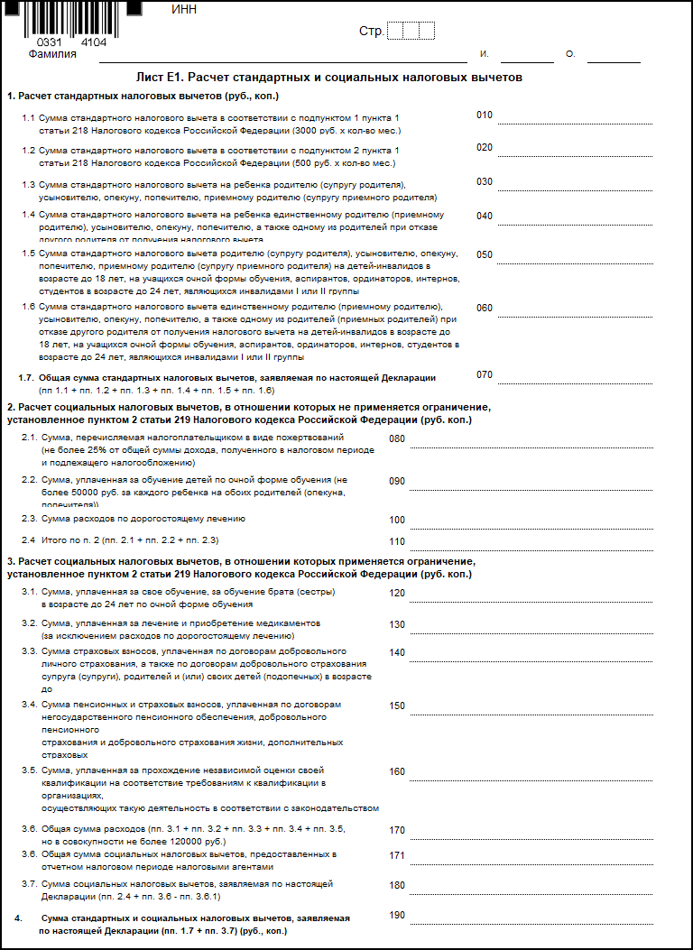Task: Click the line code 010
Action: click(x=485, y=115)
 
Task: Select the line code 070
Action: click(x=485, y=374)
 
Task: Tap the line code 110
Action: click(x=397, y=542)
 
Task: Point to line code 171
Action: click(x=397, y=855)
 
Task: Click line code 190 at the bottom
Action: click(x=397, y=916)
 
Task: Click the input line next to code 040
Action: click(x=574, y=224)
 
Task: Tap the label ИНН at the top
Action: click(x=183, y=10)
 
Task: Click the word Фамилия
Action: click(x=52, y=54)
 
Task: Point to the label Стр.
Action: click(x=371, y=32)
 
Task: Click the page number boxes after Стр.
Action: click(x=411, y=32)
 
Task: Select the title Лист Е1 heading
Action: click(x=328, y=78)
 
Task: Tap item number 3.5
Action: click(x=29, y=770)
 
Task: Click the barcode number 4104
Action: click(x=92, y=42)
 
